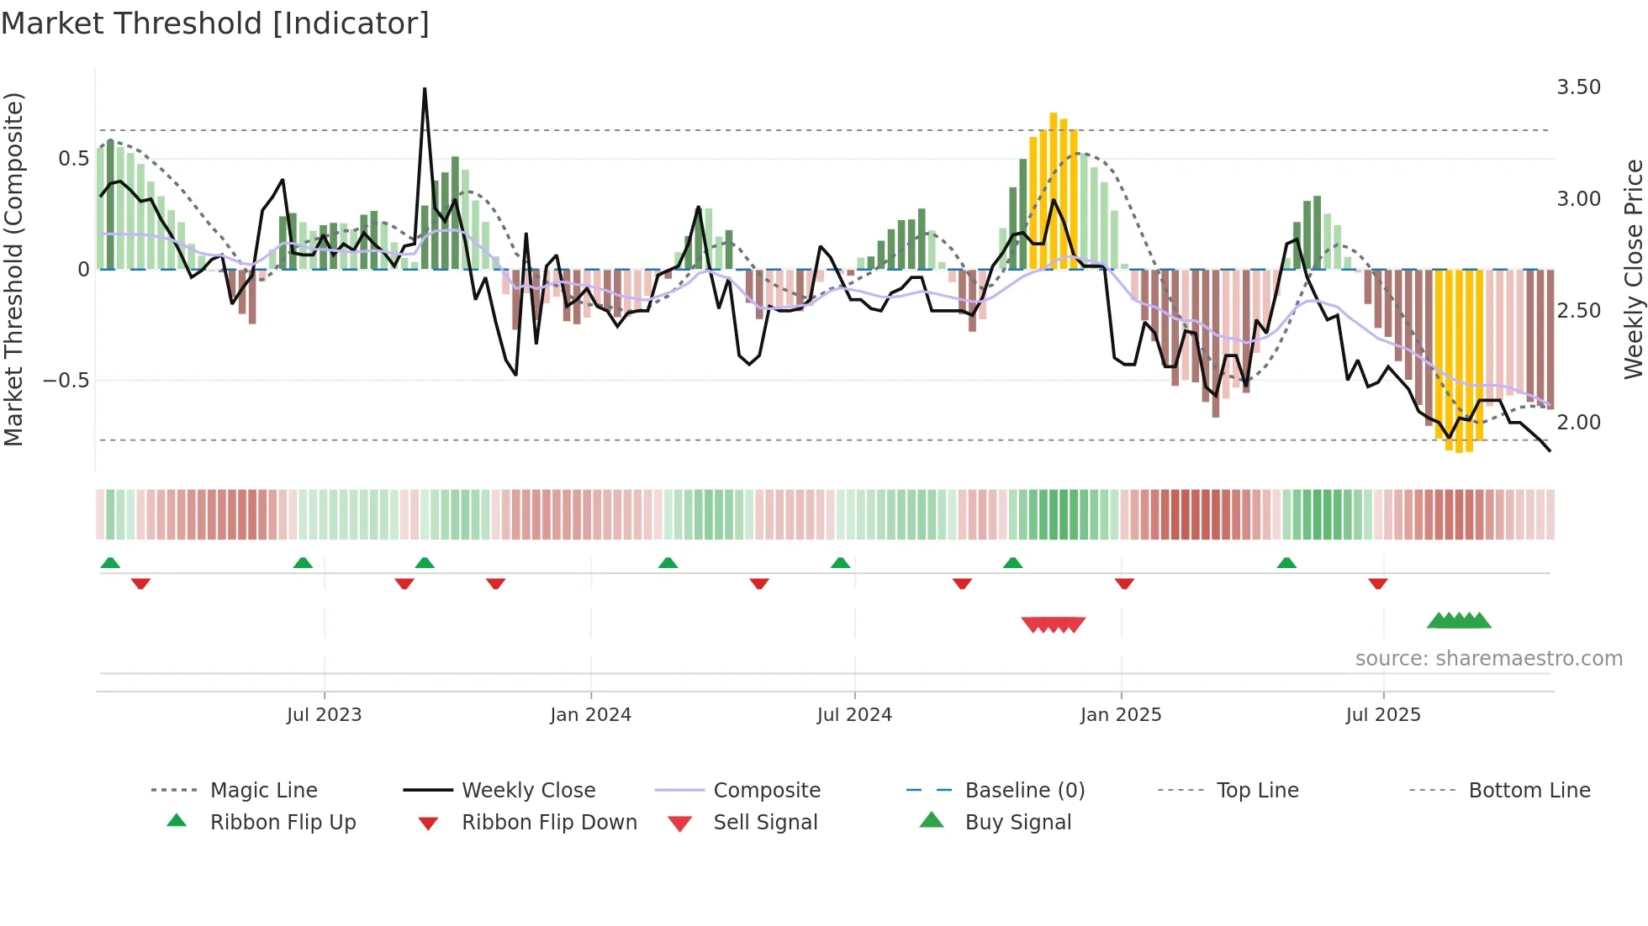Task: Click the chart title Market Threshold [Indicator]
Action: (x=215, y=24)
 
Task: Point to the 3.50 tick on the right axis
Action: (x=1578, y=87)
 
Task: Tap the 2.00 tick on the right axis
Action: (x=1578, y=422)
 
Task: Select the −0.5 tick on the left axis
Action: (x=66, y=381)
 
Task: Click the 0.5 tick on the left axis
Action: (x=73, y=159)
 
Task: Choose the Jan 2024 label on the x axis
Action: (x=590, y=715)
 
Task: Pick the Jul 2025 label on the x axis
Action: (x=1382, y=715)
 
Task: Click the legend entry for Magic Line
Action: (x=263, y=791)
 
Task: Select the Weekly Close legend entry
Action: (x=528, y=791)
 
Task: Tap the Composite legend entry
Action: (x=766, y=791)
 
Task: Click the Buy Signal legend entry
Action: (x=1017, y=823)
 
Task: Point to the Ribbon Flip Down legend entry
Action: (x=549, y=823)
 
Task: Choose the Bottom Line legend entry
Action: (x=1529, y=791)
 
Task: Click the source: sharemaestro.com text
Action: (x=1488, y=659)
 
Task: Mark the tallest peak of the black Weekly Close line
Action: (x=425, y=89)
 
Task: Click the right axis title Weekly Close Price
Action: (x=1633, y=269)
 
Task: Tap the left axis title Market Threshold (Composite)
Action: (x=13, y=269)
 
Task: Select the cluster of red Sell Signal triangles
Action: (x=1053, y=624)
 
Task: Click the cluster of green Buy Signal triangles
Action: (x=1459, y=621)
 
